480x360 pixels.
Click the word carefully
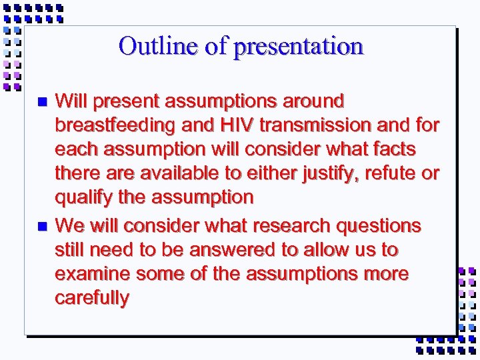[x=92, y=298]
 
